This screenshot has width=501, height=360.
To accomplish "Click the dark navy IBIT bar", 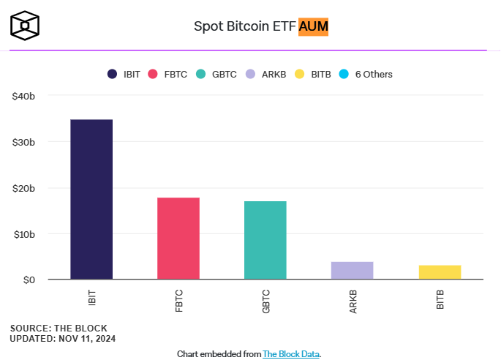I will (91, 199).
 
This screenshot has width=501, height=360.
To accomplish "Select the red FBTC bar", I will (178, 238).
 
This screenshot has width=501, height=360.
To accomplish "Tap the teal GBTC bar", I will (265, 239).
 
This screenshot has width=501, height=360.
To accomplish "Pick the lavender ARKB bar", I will (353, 270).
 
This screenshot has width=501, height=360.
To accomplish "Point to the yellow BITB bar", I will (440, 271).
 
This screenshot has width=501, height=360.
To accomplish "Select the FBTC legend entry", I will (169, 74).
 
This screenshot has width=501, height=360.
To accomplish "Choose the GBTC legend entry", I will (216, 74).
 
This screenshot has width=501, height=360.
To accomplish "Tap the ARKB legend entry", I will (265, 74).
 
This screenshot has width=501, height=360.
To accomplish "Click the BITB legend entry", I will (313, 74).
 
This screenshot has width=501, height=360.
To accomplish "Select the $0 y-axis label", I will (38, 280).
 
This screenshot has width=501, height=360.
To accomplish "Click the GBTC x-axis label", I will (265, 301).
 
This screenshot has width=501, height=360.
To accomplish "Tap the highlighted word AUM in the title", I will (314, 27).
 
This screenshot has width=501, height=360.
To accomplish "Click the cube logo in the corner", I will (25, 25).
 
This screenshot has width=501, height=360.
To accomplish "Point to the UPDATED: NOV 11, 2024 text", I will (63, 339).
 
